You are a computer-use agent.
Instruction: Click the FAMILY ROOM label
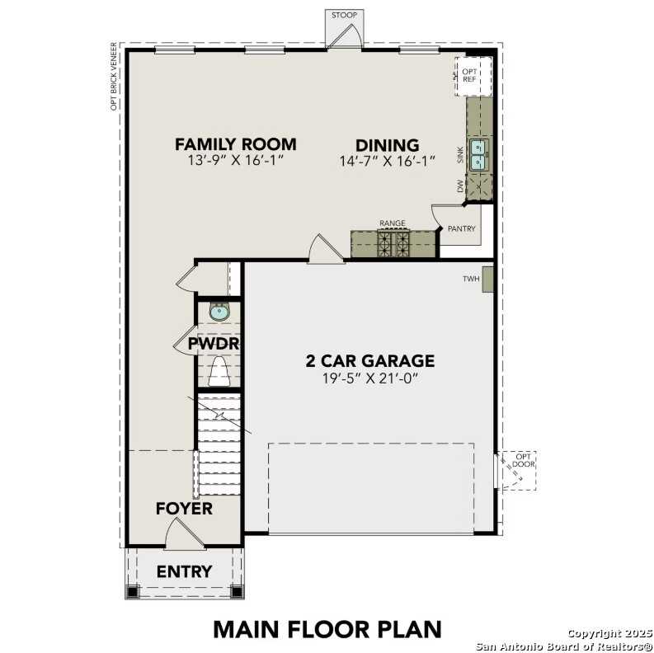[235, 144]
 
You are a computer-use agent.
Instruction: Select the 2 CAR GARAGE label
[369, 360]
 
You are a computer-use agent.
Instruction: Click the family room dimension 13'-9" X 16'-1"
[235, 162]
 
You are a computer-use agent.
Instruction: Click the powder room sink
[219, 311]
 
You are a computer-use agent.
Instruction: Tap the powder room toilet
[219, 372]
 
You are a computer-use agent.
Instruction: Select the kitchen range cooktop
[393, 242]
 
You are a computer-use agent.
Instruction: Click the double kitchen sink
[479, 154]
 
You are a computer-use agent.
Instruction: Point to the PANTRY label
[462, 228]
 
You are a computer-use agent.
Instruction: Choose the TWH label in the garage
[471, 280]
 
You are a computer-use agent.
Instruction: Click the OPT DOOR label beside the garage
[524, 461]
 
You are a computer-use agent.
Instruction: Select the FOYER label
[184, 509]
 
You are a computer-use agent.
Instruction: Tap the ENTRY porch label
[184, 571]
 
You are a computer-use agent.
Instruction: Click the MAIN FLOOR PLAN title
[327, 628]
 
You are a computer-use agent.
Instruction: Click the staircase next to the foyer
[219, 445]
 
